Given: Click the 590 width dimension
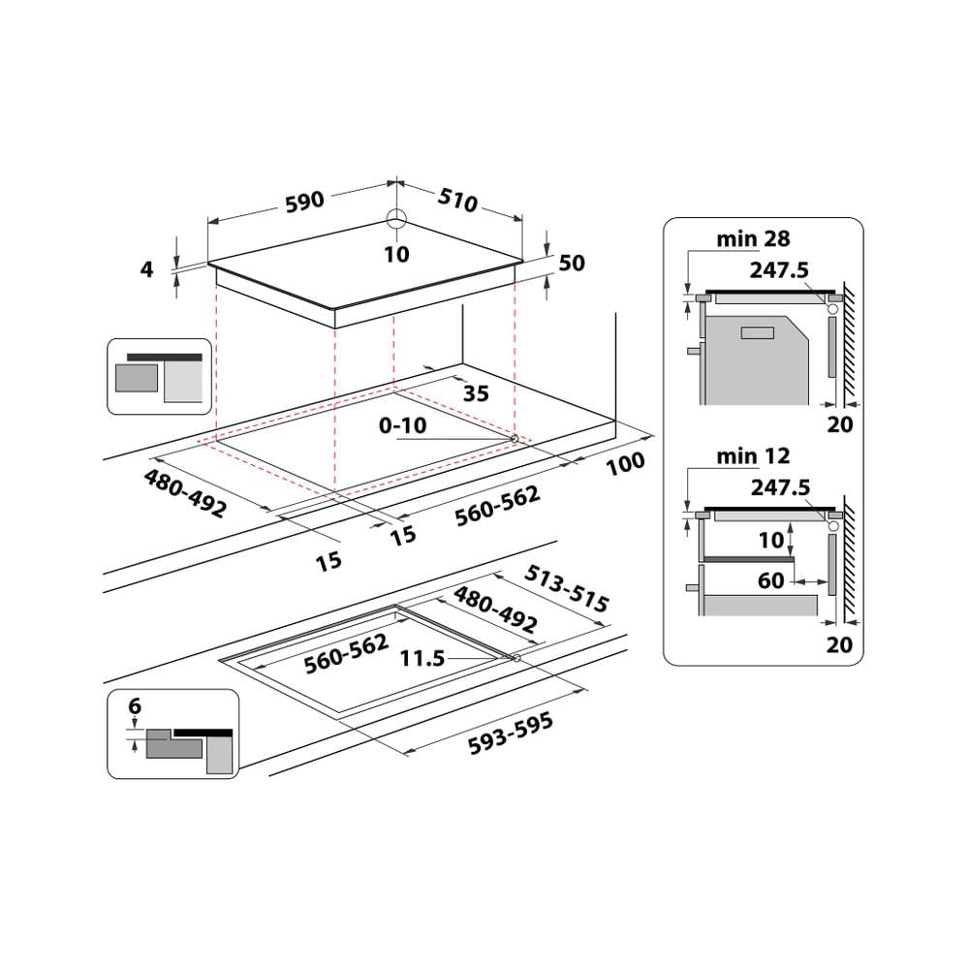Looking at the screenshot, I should coord(303,201).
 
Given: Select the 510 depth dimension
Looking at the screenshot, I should coord(458,201).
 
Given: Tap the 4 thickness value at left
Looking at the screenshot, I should coord(147,268).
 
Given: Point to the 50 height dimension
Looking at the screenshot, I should coord(572,263).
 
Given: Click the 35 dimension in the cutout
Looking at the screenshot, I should coord(475,393).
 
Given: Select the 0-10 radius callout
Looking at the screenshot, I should coord(402,424).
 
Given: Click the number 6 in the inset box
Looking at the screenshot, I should coord(134,706).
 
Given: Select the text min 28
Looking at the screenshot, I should coord(754,238).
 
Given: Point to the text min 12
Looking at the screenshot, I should coord(754,455).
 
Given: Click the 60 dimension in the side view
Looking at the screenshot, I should coord(772,581).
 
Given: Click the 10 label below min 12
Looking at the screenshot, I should coord(771,540).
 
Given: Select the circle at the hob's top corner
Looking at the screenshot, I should coord(396,217).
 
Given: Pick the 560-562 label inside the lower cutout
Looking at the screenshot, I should coord(346,654).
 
